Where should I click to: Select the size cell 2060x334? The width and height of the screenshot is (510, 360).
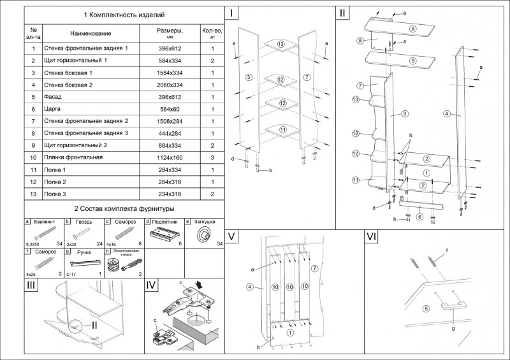[170, 85]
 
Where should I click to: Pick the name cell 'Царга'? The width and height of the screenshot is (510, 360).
[52, 109]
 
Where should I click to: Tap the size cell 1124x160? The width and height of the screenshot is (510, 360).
[170, 157]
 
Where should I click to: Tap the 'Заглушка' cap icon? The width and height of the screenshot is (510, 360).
[206, 234]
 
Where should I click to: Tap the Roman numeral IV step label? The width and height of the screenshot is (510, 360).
[152, 286]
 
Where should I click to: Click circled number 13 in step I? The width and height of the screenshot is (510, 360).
[280, 43]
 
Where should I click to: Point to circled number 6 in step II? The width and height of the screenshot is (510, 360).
[419, 217]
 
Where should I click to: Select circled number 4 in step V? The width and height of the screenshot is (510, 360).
[251, 287]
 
